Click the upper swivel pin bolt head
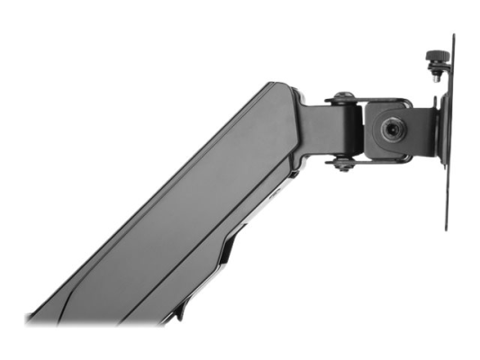(x=343, y=97)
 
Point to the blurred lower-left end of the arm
(x=41, y=315)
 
